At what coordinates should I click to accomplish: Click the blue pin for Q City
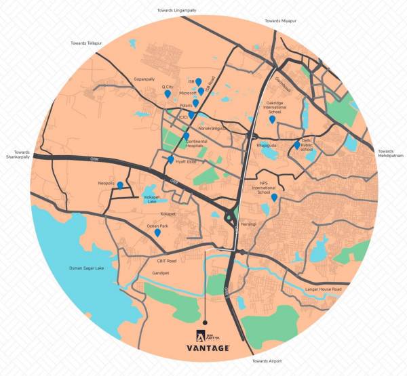pyautogui.click(x=168, y=95)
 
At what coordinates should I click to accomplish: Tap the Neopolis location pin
pyautogui.click(x=120, y=185)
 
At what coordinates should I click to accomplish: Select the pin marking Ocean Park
pyautogui.click(x=157, y=232)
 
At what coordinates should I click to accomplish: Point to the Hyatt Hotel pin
pyautogui.click(x=170, y=159)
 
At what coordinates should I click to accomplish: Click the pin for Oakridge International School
pyautogui.click(x=272, y=119)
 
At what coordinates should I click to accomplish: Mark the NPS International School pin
pyautogui.click(x=274, y=198)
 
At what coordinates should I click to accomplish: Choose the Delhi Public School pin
pyautogui.click(x=296, y=144)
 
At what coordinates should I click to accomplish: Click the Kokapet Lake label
pyautogui.click(x=152, y=199)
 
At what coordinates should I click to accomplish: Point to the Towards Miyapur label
pyautogui.click(x=281, y=22)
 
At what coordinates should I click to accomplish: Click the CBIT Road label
pyautogui.click(x=166, y=261)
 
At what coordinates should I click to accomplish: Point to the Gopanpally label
pyautogui.click(x=145, y=79)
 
